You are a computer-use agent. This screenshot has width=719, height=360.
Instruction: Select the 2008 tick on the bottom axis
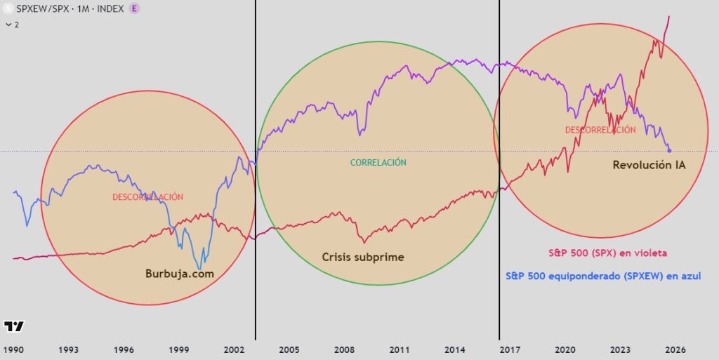[x=344, y=349]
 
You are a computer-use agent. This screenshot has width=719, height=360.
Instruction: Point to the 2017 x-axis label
[x=510, y=349]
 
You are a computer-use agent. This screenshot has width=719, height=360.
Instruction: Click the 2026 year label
[x=675, y=349]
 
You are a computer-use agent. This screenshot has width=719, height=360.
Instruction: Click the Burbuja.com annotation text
[x=179, y=274]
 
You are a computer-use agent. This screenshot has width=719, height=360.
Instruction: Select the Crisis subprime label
[x=363, y=257]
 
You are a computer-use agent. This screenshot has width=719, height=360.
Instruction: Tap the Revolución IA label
[x=649, y=166]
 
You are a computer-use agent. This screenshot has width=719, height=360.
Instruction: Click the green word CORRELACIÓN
[x=378, y=162]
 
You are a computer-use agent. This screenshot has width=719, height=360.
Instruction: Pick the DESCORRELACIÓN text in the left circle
[x=147, y=197]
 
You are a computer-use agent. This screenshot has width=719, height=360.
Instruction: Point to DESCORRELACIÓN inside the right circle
[x=600, y=130]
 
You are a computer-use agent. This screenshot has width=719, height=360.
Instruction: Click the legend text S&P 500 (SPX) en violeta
[x=607, y=253]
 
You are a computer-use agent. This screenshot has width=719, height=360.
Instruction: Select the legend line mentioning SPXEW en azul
[x=602, y=276]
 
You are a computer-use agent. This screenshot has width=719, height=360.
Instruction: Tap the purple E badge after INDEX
[x=134, y=8]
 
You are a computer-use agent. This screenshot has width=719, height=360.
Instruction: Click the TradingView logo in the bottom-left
[x=14, y=326]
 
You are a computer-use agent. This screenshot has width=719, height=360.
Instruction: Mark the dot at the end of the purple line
[x=669, y=150]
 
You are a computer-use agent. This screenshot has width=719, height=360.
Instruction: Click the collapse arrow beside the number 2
[x=8, y=25]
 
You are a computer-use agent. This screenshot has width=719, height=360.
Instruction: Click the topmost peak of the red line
[x=668, y=16]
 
